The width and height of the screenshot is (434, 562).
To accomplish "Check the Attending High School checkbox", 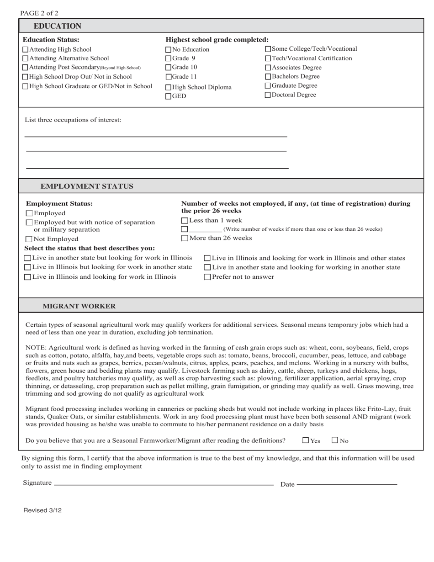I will point(26,49).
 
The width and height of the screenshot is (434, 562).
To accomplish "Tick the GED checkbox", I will point(168,96).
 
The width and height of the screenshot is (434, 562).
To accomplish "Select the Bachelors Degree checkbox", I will point(268,77).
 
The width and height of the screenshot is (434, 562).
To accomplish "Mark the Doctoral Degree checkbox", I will point(268,95).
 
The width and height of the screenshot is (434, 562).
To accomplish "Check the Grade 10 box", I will point(168,68).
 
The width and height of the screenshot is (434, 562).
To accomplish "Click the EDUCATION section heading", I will point(57,26).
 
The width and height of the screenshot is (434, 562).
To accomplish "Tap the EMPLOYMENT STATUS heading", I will point(87,186).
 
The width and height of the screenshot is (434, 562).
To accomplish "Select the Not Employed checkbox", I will point(29,239).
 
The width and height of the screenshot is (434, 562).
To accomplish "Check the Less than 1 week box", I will point(185,221).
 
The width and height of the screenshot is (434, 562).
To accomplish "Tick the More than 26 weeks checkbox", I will point(185,238).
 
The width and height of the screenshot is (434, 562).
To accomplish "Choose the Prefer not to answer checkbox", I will point(207,277).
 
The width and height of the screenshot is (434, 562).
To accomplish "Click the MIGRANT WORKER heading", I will point(79,306).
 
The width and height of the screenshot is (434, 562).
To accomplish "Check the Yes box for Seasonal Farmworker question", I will point(306,440).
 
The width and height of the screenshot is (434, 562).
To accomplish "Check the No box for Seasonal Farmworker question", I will point(335,440).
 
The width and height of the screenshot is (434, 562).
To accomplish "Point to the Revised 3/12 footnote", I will point(42,510).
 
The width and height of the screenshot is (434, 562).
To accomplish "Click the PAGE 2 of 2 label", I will point(39,13).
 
